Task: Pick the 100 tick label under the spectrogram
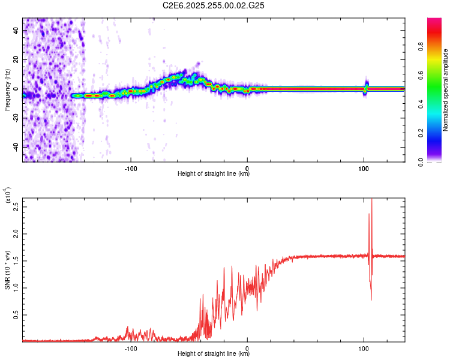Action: [363, 167]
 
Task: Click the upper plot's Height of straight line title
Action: [214, 174]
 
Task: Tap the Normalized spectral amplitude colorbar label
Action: [445, 90]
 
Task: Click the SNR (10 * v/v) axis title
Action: [7, 270]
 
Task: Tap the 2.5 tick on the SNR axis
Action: [16, 208]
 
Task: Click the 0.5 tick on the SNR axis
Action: [16, 313]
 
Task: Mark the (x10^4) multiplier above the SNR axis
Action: [8, 195]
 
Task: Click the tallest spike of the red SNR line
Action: [372, 199]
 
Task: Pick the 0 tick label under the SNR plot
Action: [247, 347]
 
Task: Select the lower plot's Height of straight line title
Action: [214, 354]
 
